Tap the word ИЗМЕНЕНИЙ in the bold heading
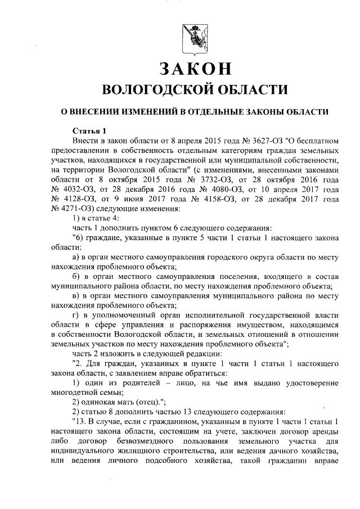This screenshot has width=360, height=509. click(150, 111)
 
